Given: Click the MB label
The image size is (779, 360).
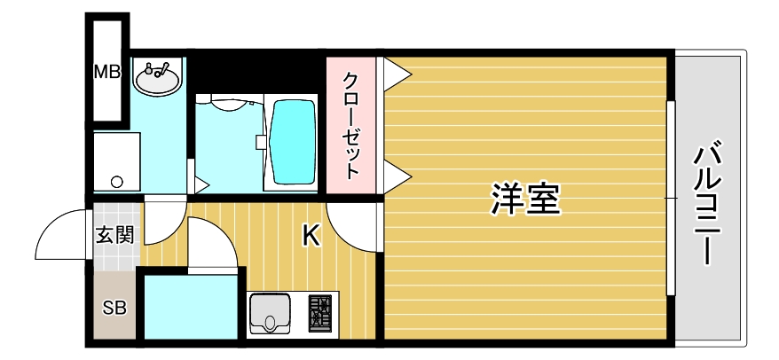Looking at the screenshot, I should pos(107,71).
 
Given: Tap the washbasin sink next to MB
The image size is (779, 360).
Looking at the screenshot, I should pos(158,78).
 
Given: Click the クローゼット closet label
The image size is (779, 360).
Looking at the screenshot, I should pos(352,124).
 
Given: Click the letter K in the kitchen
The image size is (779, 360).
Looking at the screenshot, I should pos(311,235).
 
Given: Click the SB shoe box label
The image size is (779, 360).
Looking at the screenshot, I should pos(114,309).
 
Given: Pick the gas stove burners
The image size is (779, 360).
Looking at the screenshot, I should pos(319,313).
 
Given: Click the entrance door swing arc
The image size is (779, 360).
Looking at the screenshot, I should pos(62,232).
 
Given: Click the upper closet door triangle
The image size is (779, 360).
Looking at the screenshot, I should pos(395,73).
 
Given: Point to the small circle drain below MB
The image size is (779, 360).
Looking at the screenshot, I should pos(116,182).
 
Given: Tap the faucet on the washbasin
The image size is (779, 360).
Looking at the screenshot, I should pos(158,67).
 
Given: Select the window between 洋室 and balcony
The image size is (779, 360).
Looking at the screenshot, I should pos(672,199).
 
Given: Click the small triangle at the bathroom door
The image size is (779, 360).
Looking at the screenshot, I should pos(201,186).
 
